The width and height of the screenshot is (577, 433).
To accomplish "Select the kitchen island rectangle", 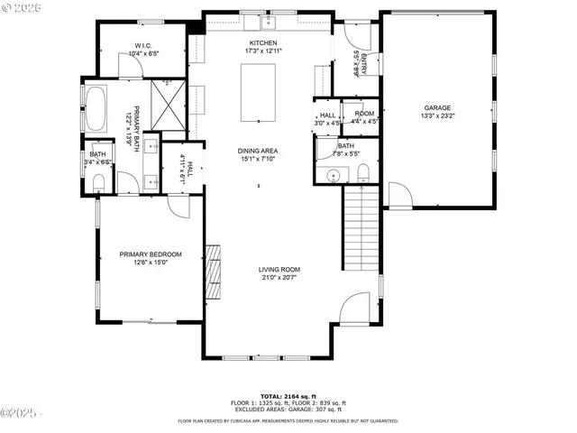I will click(x=258, y=92).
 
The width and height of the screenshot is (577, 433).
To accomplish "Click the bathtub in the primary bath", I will click(x=94, y=108).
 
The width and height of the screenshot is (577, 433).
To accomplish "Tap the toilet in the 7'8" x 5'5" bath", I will click(x=363, y=172).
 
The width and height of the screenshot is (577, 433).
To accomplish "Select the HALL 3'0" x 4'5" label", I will click(x=327, y=117).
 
